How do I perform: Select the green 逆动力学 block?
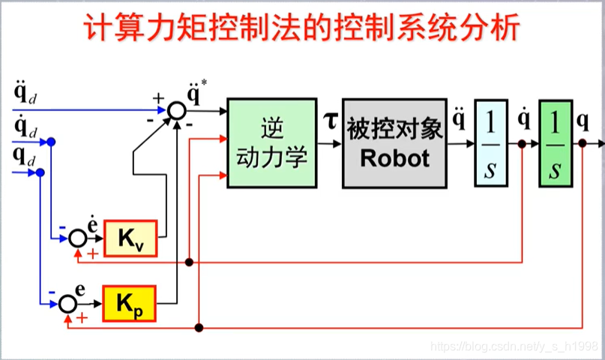coord(271,142)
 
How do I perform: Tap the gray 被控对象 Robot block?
coord(395,142)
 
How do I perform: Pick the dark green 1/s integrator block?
coord(556,142)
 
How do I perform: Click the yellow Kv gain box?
coord(130,238)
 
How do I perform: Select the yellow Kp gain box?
coord(129,303)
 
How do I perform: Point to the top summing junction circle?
coord(176,111)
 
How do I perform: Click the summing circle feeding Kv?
coord(78,238)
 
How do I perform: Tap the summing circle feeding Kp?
coord(68,303)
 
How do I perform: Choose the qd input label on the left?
coord(24,158)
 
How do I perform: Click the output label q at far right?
coord(583,120)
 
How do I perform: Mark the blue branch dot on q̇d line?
coord(51,142)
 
